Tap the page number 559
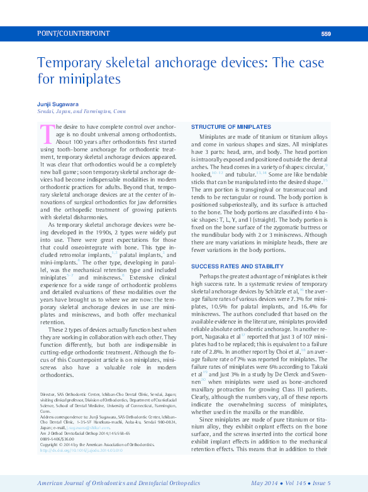(x=325, y=34)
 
